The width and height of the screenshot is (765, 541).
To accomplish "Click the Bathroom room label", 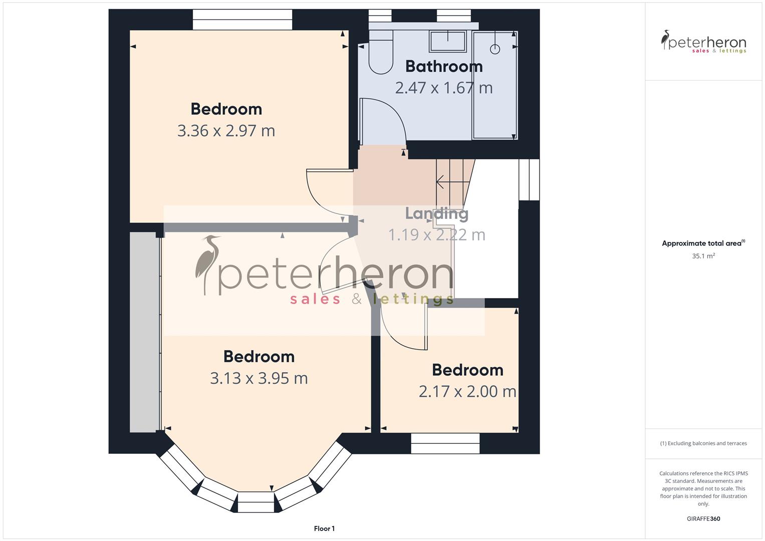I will [444, 66].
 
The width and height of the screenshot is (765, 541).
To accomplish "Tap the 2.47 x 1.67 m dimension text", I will [444, 88].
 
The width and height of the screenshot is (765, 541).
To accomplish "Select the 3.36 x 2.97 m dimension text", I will [226, 131].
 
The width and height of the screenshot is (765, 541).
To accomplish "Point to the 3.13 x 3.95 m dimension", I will [259, 378].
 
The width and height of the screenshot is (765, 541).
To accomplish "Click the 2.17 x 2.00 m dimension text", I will [467, 391].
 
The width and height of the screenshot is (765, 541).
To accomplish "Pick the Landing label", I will [437, 213].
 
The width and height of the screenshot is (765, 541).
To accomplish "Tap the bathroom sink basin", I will [447, 41].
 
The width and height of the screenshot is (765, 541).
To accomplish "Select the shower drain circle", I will [495, 49].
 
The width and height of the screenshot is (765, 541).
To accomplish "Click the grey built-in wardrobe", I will [144, 332].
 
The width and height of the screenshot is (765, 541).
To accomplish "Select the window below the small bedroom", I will [445, 443].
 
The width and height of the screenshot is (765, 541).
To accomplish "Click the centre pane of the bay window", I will [256, 502].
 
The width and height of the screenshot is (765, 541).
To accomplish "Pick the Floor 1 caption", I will [324, 528].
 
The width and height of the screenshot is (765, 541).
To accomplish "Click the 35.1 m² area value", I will [703, 256].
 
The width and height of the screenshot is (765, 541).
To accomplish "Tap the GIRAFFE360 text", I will [703, 518].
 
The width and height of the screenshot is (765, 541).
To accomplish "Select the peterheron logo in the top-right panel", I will [703, 42].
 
